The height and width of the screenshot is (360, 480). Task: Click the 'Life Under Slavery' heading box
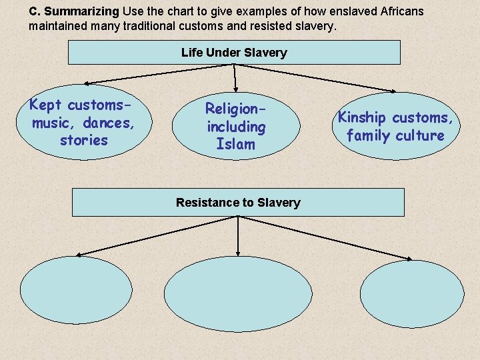pyautogui.click(x=234, y=53)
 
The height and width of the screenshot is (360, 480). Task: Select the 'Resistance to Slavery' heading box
pyautogui.click(x=238, y=203)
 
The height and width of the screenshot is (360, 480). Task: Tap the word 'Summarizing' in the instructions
pyautogui.click(x=82, y=11)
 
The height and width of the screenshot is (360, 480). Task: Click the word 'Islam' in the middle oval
pyautogui.click(x=236, y=144)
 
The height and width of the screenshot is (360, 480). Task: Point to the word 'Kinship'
pyautogui.click(x=361, y=117)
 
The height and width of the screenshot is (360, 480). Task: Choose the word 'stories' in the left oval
pyautogui.click(x=84, y=141)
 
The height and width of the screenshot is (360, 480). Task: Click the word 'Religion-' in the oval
pyautogui.click(x=235, y=109)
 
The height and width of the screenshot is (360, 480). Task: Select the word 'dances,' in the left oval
pyautogui.click(x=109, y=123)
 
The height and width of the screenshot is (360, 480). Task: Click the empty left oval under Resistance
pyautogui.click(x=76, y=289)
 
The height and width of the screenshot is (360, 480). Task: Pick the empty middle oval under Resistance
pyautogui.click(x=238, y=294)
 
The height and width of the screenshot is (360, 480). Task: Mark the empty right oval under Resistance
pyautogui.click(x=412, y=294)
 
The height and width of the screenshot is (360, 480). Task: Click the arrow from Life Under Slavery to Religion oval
pyautogui.click(x=235, y=78)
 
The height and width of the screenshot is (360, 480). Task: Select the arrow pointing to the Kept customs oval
pyautogui.click(x=159, y=74)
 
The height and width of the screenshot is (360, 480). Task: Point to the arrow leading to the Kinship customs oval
pyautogui.click(x=315, y=78)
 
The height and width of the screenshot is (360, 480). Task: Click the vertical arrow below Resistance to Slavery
pyautogui.click(x=238, y=236)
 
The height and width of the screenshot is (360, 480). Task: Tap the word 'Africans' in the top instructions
pyautogui.click(x=402, y=11)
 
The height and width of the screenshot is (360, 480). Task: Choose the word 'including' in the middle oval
pyautogui.click(x=236, y=127)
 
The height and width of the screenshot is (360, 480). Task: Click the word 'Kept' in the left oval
pyautogui.click(x=45, y=105)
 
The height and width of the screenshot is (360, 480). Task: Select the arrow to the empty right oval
pyautogui.click(x=325, y=238)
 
